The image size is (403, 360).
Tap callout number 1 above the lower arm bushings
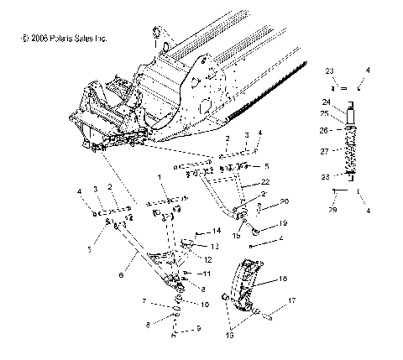coord(157,178)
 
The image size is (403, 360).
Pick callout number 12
coord(207,260)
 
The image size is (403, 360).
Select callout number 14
coord(217,230)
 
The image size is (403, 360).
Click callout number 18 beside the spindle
coord(283,278)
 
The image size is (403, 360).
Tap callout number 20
coord(262,201)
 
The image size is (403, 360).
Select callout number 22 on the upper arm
coord(264,182)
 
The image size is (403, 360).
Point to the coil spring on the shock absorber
coord(350,152)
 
